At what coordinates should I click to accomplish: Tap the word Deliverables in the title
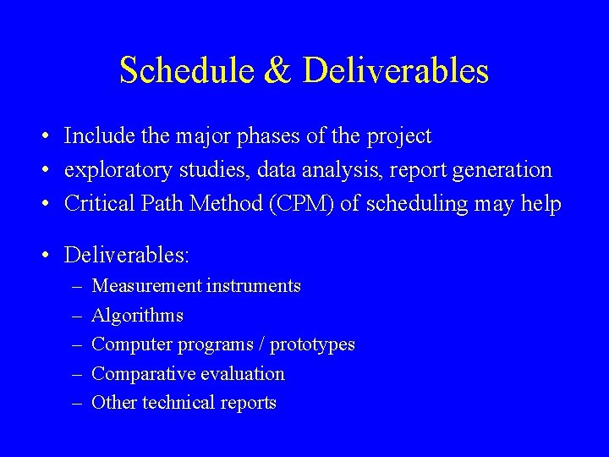point(395,71)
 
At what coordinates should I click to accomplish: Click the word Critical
point(97,204)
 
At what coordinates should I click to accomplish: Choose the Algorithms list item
point(137,316)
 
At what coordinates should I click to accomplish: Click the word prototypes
point(312,345)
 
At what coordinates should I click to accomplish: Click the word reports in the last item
point(248,403)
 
